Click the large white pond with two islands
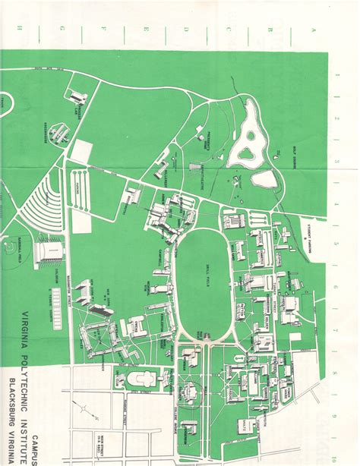248,144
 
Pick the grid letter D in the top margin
185,29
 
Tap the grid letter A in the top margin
311,29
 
